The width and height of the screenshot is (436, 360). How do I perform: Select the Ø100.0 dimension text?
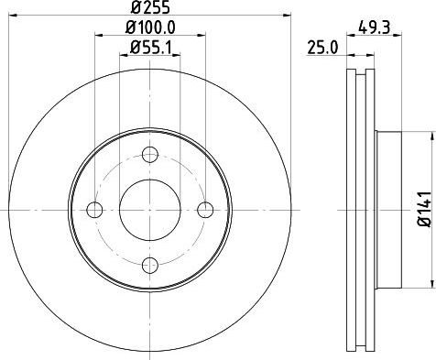point(150,28)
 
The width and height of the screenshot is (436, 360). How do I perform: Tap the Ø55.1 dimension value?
point(149,49)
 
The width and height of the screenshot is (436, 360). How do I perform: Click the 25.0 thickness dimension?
point(322,49)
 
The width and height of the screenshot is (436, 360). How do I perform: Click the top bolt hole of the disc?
point(150,153)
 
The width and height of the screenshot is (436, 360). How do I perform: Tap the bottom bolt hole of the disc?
point(150,266)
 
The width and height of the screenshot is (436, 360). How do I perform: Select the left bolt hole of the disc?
point(93,210)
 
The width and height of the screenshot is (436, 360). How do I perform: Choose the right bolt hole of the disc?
point(207,210)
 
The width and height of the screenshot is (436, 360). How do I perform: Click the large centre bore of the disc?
point(150,210)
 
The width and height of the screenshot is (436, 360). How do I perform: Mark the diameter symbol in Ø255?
point(134,9)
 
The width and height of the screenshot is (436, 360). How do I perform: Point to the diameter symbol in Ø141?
point(424,223)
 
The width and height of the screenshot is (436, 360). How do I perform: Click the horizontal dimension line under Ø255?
point(150,18)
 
